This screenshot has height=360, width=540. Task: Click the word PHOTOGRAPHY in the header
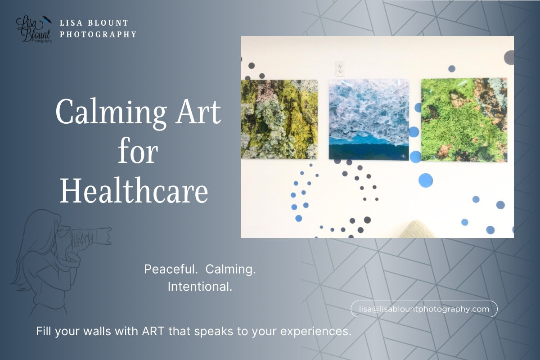coord(98,34)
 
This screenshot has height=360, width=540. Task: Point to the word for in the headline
coord(138,152)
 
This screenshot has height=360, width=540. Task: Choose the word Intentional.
coord(200,286)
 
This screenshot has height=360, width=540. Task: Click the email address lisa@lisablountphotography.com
coord(424,309)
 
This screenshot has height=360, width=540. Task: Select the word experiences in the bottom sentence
coord(315,332)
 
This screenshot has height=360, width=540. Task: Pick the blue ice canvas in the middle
coord(369,120)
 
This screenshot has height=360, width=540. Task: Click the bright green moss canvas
coord(463,120)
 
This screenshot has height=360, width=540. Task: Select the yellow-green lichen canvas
coord(279,119)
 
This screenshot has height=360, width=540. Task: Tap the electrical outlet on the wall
coord(340,69)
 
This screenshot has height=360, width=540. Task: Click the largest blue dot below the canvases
coord(425,180)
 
